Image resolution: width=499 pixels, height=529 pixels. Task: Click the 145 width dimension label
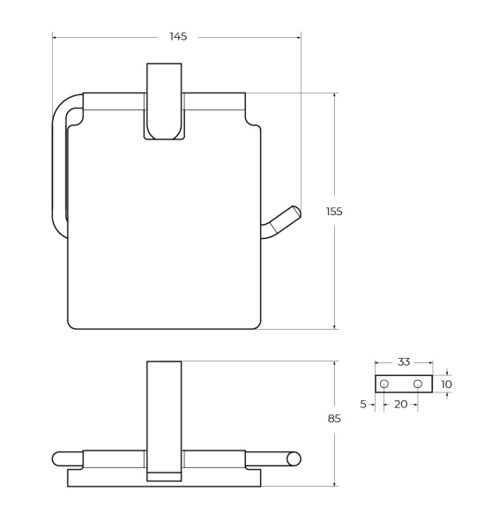pos(178,36)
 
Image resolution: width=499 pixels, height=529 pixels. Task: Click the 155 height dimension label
pos(334,212)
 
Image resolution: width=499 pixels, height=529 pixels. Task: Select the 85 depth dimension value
pos(334,419)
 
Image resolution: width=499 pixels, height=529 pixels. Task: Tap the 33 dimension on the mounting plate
pos(404,362)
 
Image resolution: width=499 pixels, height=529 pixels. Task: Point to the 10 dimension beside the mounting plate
pos(446,384)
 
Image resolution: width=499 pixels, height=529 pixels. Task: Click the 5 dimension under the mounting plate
pos(363,404)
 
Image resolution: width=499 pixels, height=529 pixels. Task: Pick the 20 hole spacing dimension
pos(400,404)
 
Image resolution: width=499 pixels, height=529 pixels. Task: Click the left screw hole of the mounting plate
pos(384,384)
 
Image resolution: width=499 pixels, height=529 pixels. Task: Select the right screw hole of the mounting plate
pos(418,384)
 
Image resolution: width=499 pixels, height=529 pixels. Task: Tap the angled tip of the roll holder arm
pos(296,212)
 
